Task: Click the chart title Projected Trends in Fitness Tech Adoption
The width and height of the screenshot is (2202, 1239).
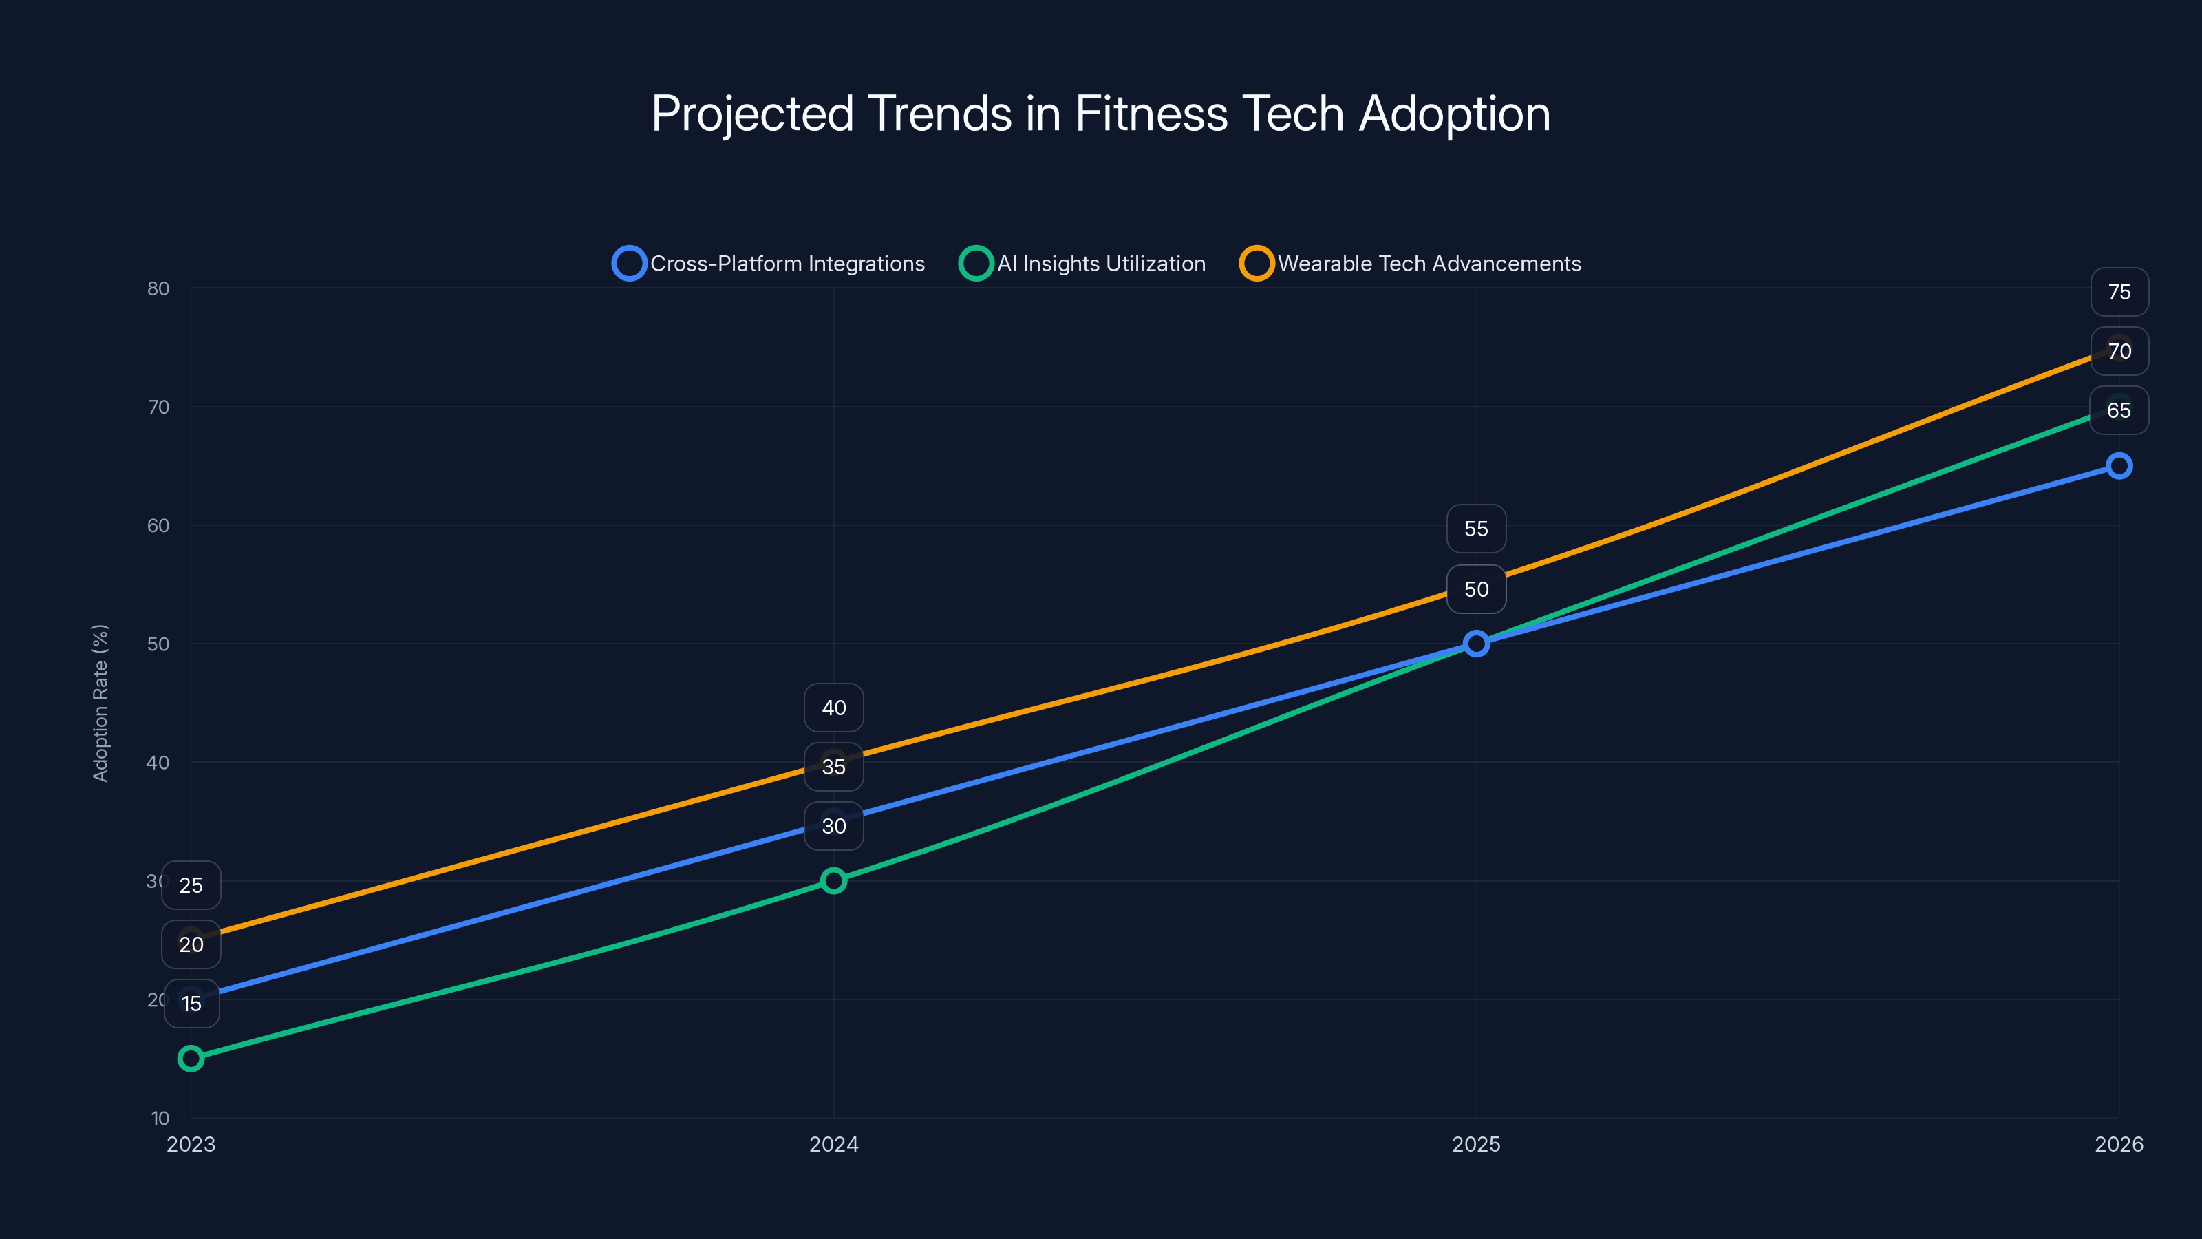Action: pyautogui.click(x=1101, y=114)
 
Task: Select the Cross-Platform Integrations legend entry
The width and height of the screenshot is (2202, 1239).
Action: pyautogui.click(x=769, y=264)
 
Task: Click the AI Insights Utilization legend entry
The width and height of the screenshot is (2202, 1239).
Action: pyautogui.click(x=1082, y=264)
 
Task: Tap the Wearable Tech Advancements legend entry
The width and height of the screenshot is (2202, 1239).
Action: pyautogui.click(x=1411, y=264)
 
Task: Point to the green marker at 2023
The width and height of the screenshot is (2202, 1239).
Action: pyautogui.click(x=191, y=1059)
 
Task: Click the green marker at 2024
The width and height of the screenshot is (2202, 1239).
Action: pyautogui.click(x=833, y=881)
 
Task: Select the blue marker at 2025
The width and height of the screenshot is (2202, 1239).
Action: pyautogui.click(x=1476, y=643)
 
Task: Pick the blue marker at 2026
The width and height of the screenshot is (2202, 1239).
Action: pyautogui.click(x=2119, y=466)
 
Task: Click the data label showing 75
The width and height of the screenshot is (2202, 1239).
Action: pyautogui.click(x=2119, y=293)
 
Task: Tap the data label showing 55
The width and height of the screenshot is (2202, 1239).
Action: pyautogui.click(x=1476, y=529)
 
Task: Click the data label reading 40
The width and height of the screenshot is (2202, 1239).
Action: pyautogui.click(x=833, y=708)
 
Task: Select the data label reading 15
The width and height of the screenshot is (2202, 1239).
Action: pyautogui.click(x=191, y=1004)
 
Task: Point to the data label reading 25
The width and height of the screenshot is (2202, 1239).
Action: pyautogui.click(x=191, y=886)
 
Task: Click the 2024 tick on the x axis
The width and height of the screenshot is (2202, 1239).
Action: pyautogui.click(x=833, y=1144)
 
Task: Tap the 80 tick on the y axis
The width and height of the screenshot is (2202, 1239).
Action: pyautogui.click(x=158, y=288)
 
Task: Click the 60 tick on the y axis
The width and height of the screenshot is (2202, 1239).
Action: pyautogui.click(x=158, y=526)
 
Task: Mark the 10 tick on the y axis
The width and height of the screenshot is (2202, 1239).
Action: pyautogui.click(x=160, y=1118)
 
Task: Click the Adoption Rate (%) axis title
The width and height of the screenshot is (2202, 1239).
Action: pyautogui.click(x=100, y=703)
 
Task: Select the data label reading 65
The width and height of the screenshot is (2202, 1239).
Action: pyautogui.click(x=2119, y=410)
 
